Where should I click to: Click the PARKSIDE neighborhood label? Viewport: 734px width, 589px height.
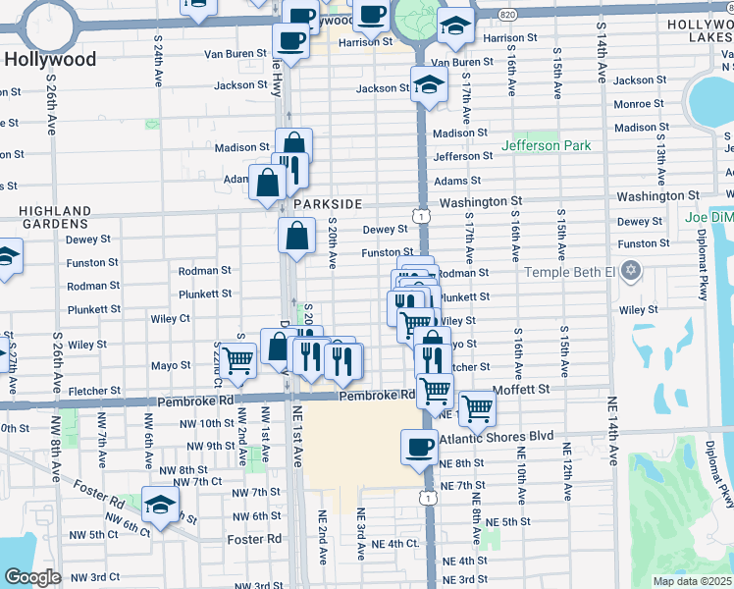(x=328, y=203)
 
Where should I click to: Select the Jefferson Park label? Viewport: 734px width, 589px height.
(x=547, y=145)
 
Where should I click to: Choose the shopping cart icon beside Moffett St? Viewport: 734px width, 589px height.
(x=477, y=406)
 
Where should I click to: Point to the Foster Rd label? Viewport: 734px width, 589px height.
(x=253, y=539)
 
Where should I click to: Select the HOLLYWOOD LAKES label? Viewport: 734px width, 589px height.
(x=700, y=29)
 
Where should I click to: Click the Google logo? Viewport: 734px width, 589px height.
(x=32, y=577)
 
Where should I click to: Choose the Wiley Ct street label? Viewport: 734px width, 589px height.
(x=170, y=318)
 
